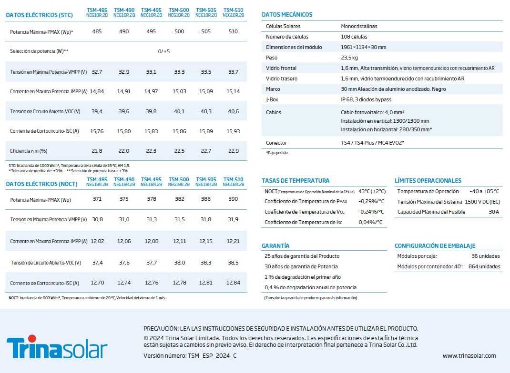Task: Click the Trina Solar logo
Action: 57,348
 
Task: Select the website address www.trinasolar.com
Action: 469,355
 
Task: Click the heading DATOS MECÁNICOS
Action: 287,15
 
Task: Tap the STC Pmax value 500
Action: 179,31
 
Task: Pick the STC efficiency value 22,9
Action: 234,151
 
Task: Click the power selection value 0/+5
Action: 164,51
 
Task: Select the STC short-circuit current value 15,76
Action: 97,131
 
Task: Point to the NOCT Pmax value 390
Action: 233,199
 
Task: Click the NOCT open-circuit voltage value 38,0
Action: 179,263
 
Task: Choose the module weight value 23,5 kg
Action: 349,58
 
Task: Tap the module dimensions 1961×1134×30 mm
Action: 364,47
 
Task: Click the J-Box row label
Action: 273,99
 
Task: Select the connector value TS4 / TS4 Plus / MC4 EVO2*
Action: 373,143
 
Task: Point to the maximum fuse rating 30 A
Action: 494,212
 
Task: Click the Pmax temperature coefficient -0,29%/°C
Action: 371,201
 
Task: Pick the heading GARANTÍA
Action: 275,246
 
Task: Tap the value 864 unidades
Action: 484,266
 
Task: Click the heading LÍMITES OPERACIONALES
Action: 428,181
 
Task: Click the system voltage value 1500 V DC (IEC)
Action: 482,202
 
